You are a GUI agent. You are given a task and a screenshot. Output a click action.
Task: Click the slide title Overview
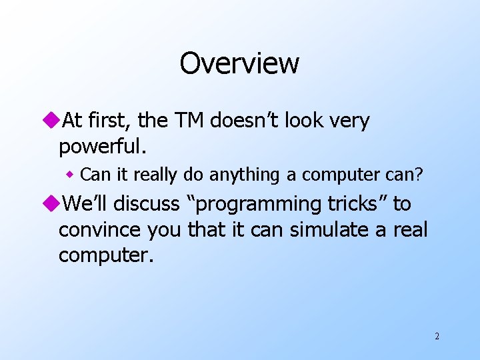(x=239, y=64)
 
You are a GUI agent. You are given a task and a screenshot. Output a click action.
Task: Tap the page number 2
(x=437, y=336)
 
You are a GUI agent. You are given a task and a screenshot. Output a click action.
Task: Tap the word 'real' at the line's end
(x=408, y=229)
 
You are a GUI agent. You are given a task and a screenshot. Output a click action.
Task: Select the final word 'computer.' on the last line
(x=106, y=255)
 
